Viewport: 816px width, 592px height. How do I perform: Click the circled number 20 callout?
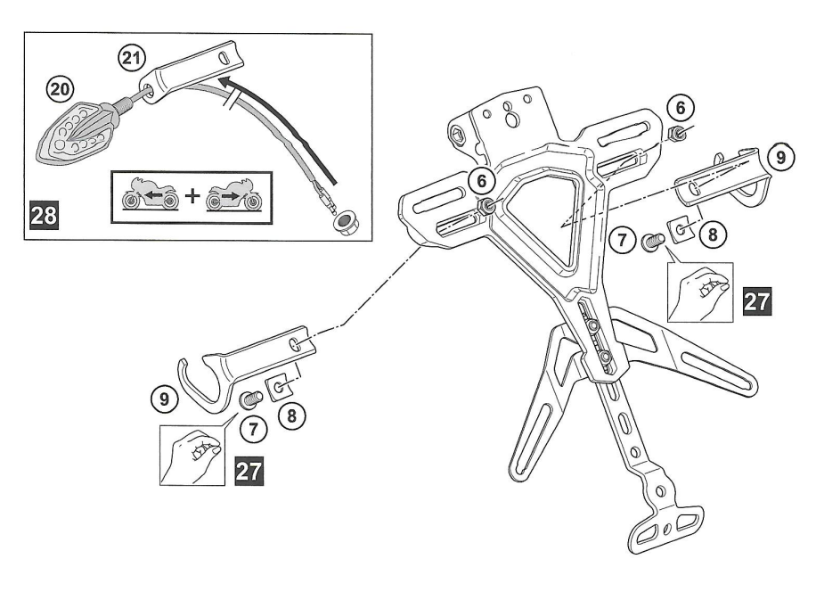coord(61,90)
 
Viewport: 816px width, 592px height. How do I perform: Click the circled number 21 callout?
coord(131,58)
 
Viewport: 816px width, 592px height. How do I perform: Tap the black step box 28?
coord(45,215)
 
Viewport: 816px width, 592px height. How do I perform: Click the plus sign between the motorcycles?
coord(192,196)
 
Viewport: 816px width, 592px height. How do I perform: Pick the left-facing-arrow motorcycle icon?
coord(151,196)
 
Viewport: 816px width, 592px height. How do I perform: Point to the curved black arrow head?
coord(224,82)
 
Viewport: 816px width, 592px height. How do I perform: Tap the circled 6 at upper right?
coord(681,109)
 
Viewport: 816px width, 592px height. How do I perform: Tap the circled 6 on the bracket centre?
coord(482,181)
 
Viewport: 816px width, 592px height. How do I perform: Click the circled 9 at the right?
coord(780,158)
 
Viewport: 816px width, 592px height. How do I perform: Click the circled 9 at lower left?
coord(165,399)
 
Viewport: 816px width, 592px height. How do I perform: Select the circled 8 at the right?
coord(713,235)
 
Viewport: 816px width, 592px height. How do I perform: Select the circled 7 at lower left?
coord(253,429)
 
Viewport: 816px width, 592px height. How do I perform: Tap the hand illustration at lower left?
coord(192,455)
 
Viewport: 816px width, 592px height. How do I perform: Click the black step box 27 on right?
coord(757,301)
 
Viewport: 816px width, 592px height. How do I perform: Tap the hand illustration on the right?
coord(700,292)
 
